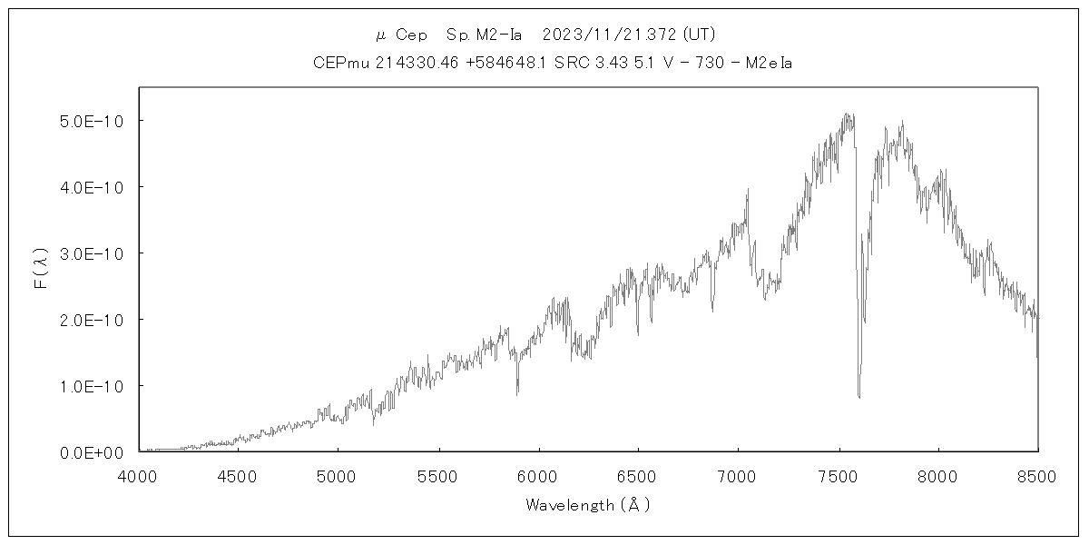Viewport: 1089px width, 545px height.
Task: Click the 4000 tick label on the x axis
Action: click(x=139, y=475)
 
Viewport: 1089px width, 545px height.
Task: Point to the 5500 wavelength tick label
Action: click(x=438, y=475)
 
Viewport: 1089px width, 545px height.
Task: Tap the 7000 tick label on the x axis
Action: click(x=738, y=475)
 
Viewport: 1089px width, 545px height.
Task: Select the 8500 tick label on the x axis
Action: click(x=1037, y=475)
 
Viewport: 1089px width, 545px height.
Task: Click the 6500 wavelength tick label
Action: click(x=638, y=475)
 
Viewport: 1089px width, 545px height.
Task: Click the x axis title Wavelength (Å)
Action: click(x=588, y=505)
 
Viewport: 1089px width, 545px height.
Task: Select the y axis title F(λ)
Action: click(x=41, y=270)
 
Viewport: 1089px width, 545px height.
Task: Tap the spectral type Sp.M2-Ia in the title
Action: click(x=484, y=35)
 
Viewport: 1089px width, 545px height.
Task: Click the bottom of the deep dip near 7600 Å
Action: click(x=858, y=396)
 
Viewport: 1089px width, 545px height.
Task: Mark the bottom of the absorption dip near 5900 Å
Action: click(x=517, y=392)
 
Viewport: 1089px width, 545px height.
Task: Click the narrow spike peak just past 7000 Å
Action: click(x=748, y=190)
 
